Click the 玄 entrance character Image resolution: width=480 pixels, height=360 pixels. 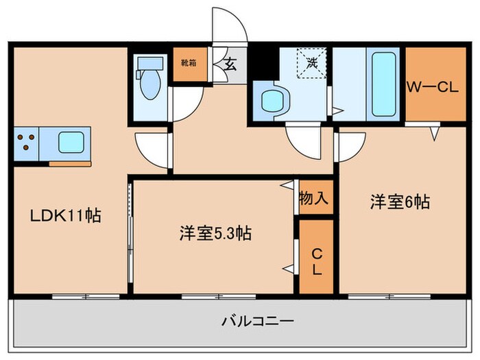pos(230,66)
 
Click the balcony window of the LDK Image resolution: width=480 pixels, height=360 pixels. pos(86,296)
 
